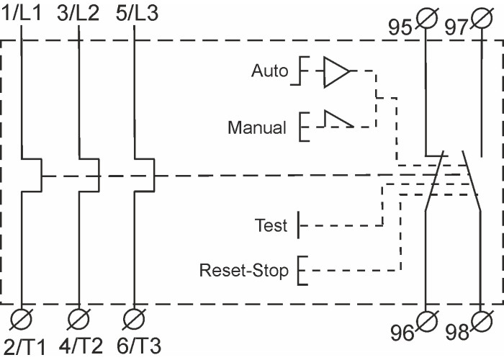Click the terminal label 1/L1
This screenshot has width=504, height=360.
point(24,13)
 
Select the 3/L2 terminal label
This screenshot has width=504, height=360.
point(78,13)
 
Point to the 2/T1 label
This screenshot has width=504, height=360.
point(24,346)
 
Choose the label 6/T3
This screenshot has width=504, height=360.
point(135,346)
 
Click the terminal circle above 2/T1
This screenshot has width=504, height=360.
point(23,318)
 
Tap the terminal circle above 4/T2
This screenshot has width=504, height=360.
point(78,318)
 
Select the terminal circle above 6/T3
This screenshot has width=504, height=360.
point(132,318)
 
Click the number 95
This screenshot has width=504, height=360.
point(400,27)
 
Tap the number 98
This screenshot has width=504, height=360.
point(458,333)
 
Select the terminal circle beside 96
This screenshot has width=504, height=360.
point(429,319)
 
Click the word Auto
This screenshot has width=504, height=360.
point(269,71)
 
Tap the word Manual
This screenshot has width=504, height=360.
point(257,128)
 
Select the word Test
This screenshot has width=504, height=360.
point(271,226)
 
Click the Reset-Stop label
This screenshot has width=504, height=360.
point(244,271)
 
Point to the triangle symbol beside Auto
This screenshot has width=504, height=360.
point(336,72)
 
